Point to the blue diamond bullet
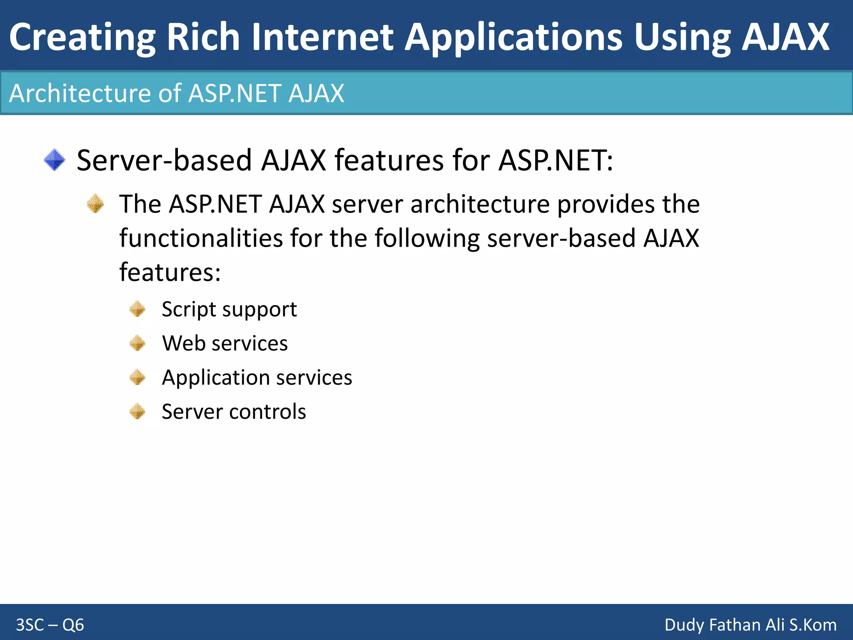55,160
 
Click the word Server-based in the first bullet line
165,160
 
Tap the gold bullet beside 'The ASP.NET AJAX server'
95,204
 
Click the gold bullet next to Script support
137,309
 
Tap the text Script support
229,309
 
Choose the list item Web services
225,343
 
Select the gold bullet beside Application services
137,377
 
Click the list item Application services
257,377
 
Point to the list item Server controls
234,412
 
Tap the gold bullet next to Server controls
137,412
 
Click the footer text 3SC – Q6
50,625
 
